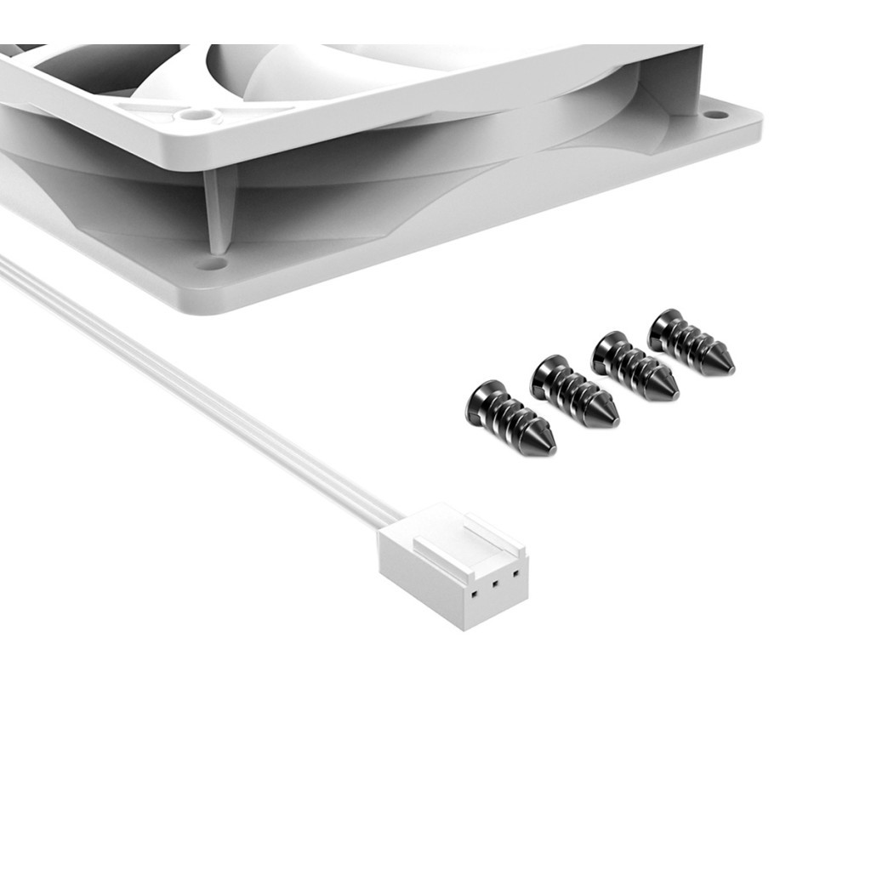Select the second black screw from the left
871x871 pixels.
coord(575,392)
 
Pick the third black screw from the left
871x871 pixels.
coord(635,367)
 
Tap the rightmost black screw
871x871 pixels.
coord(691,343)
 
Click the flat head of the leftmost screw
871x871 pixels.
coord(477,402)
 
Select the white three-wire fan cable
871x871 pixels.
coord(196,391)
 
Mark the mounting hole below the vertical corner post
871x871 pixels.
coord(210,265)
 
